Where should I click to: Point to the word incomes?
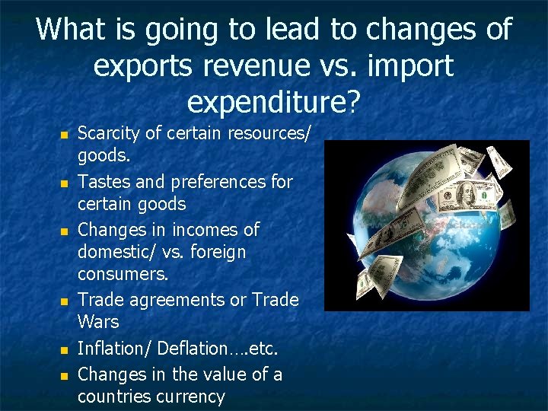click(200, 229)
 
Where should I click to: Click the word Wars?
click(98, 322)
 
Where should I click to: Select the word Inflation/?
click(113, 349)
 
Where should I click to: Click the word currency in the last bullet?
click(190, 397)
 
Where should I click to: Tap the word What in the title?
click(69, 30)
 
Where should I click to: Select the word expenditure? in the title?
click(274, 100)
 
